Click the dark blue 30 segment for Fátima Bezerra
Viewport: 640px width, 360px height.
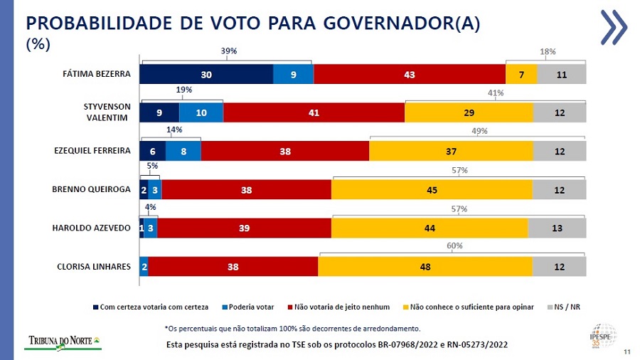206,74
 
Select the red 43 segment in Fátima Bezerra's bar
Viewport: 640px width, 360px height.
409,74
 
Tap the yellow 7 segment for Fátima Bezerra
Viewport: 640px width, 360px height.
521,74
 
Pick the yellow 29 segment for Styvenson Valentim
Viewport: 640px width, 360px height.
469,112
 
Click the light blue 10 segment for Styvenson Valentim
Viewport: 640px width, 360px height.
201,112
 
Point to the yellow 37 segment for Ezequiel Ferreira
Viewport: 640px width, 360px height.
451,151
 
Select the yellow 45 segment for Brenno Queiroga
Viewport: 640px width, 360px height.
432,189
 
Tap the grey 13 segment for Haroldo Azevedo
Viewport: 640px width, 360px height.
557,228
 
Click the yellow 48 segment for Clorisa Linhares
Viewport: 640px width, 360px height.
425,266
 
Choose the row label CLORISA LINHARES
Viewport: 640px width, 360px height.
94,267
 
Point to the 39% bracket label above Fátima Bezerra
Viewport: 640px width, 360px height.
228,51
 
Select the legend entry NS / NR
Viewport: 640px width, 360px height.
566,307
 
